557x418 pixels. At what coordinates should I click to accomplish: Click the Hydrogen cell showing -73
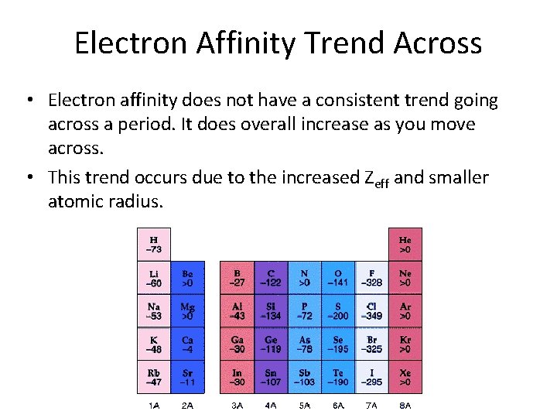click(x=154, y=245)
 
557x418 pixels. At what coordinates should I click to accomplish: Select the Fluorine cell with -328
click(x=371, y=278)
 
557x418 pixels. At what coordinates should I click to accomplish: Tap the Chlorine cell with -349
click(x=371, y=311)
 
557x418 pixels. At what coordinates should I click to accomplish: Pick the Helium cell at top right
click(x=405, y=245)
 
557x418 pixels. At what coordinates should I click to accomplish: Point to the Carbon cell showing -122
click(x=270, y=278)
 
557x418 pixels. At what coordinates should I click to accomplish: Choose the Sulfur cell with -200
click(x=337, y=311)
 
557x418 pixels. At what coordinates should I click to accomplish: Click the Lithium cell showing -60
click(x=154, y=278)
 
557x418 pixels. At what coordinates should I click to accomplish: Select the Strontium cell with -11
click(x=187, y=378)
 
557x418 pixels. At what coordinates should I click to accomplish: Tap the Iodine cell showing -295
click(x=371, y=378)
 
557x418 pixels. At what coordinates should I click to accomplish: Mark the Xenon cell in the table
click(x=405, y=378)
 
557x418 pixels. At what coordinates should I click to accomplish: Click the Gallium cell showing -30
click(x=237, y=344)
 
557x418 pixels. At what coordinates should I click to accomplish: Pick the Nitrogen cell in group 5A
click(x=304, y=278)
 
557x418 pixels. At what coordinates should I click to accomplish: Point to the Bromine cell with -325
click(x=371, y=344)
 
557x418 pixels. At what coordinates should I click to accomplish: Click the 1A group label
click(x=154, y=406)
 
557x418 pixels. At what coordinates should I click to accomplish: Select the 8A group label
click(x=404, y=406)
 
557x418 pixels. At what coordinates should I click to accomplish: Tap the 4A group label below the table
click(x=270, y=406)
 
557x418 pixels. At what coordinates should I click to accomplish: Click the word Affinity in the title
click(x=245, y=43)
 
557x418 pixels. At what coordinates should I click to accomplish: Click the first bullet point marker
click(x=28, y=101)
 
